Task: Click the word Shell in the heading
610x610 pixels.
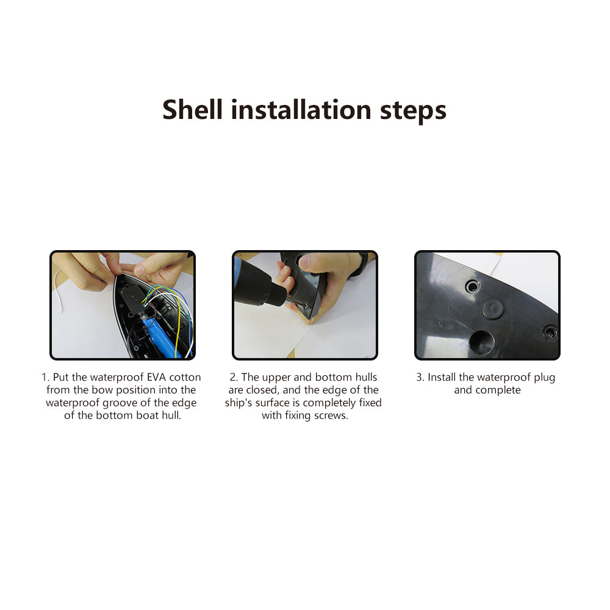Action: pyautogui.click(x=192, y=110)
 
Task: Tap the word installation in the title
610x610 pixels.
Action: pyautogui.click(x=301, y=110)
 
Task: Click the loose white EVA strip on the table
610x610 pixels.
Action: pyautogui.click(x=59, y=290)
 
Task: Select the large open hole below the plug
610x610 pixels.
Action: pyautogui.click(x=482, y=343)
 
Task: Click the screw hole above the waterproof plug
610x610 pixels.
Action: pyautogui.click(x=473, y=287)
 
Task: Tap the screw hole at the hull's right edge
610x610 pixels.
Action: pyautogui.click(x=550, y=332)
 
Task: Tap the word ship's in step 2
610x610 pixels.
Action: pyautogui.click(x=238, y=403)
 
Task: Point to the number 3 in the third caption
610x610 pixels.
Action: pyautogui.click(x=420, y=378)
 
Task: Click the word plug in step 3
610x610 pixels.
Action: pyautogui.click(x=545, y=378)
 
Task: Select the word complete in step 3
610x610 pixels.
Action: pyautogui.click(x=498, y=390)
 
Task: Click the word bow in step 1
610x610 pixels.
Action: pyautogui.click(x=102, y=390)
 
